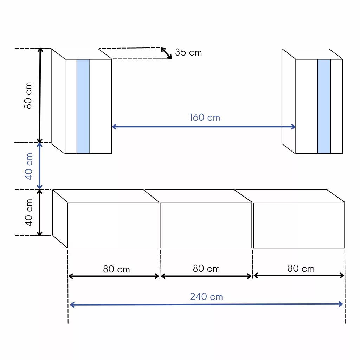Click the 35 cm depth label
click(188, 52)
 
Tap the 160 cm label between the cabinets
click(205, 117)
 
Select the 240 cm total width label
click(206, 297)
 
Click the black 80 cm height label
click(28, 95)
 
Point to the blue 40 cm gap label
click(29, 166)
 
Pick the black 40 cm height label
click(29, 213)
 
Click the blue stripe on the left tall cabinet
click(83, 106)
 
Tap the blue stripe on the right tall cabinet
click(324, 106)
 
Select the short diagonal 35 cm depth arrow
click(166, 53)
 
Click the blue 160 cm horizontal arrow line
click(204, 127)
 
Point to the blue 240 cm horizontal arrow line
click(206, 305)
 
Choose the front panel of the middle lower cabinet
click(206, 225)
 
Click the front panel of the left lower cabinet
click(114, 225)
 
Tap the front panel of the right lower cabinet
click(299, 225)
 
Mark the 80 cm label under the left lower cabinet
click(116, 269)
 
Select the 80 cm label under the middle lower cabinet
click(206, 268)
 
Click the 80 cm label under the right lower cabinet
click(301, 268)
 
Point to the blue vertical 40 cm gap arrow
click(39, 166)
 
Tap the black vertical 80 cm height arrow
click(40, 95)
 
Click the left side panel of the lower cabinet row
click(60, 219)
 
